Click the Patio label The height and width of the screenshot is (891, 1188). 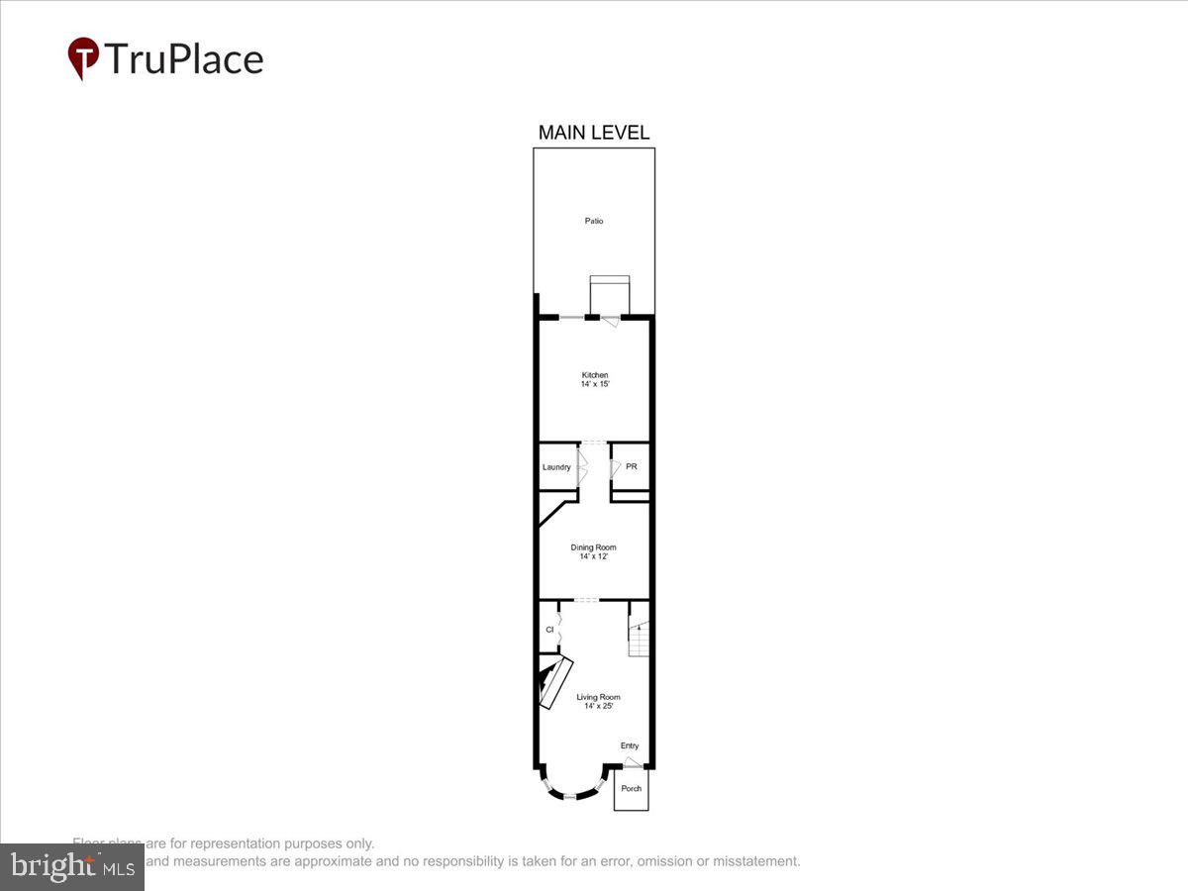pos(593,221)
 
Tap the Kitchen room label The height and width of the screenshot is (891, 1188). pos(594,375)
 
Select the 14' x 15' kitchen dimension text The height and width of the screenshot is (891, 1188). pos(594,384)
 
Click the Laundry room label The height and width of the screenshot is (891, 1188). pos(556,467)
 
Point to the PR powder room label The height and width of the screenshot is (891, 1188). pos(631,466)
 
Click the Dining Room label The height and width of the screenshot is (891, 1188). pos(593,547)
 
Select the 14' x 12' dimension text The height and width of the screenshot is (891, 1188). pos(593,556)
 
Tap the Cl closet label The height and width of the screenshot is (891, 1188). pos(549,629)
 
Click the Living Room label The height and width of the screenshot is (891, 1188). pos(598,697)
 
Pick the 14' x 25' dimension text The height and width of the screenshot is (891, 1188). pos(598,706)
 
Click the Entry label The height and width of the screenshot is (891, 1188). pos(630,745)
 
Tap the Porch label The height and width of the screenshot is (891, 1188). pos(631,789)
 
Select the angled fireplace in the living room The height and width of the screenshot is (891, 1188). pos(552,680)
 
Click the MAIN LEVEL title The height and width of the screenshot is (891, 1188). pos(593,133)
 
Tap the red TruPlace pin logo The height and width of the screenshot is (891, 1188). pos(82,57)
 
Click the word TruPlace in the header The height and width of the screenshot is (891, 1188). pos(183,59)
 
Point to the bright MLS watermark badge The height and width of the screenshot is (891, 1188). pos(72,866)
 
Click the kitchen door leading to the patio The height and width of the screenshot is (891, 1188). pos(609,319)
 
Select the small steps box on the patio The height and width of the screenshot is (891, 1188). pos(609,293)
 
